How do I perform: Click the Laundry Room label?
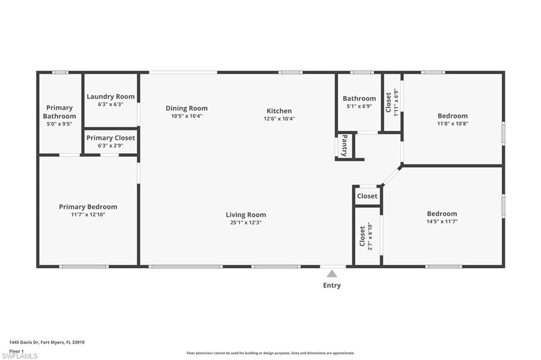[110, 97]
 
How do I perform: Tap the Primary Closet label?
[110, 138]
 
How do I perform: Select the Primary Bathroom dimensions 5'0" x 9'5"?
[59, 124]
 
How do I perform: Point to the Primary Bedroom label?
[88, 207]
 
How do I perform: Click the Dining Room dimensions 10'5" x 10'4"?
[186, 116]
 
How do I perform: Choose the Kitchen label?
[279, 111]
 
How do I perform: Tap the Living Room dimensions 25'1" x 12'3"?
[246, 222]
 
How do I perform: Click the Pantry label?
[344, 146]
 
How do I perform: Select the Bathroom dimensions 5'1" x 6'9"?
[359, 106]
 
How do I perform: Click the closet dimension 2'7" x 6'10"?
[370, 236]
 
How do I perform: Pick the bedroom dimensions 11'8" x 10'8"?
[453, 124]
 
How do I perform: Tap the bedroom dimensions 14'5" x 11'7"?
[442, 221]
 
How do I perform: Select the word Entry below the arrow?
[332, 285]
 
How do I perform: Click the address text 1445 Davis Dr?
[24, 343]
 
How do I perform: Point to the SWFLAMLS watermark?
[20, 356]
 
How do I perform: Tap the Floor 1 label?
[16, 351]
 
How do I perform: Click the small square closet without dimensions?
[367, 196]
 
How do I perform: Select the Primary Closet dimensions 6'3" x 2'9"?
[110, 146]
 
